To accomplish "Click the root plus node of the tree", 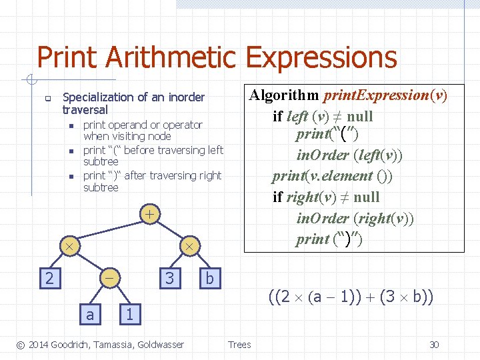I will pyautogui.click(x=151, y=215).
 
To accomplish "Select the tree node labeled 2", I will pyautogui.click(x=49, y=277).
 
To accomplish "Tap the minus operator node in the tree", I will pyautogui.click(x=110, y=277).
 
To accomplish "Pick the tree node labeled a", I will pyautogui.click(x=90, y=314).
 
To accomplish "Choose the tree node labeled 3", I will pyautogui.click(x=169, y=277).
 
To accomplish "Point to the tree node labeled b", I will pyautogui.click(x=209, y=277).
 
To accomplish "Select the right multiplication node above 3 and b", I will pyautogui.click(x=189, y=246).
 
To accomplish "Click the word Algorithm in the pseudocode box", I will pyautogui.click(x=284, y=95).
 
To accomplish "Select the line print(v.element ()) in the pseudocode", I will pyautogui.click(x=331, y=176).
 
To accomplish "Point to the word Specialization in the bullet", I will pyautogui.click(x=96, y=97).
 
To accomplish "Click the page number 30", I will pyautogui.click(x=434, y=345).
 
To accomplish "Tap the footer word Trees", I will pyautogui.click(x=239, y=345).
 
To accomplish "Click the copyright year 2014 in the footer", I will pyautogui.click(x=40, y=345).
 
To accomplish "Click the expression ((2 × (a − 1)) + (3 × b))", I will pyautogui.click(x=351, y=296).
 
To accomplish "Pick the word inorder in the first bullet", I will pyautogui.click(x=186, y=97).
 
